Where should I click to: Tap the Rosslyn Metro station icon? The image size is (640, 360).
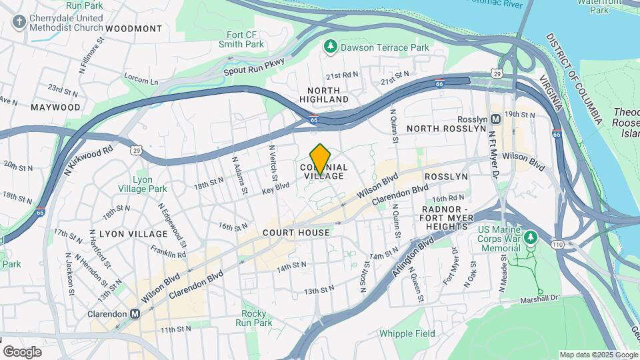(495, 119)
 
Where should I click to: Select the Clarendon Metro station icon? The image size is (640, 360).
(135, 313)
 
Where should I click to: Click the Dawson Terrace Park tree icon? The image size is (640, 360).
(329, 47)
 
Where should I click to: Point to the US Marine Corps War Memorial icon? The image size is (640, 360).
(531, 237)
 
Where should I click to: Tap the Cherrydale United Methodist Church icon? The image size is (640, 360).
(19, 22)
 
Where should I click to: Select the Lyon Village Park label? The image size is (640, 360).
(149, 184)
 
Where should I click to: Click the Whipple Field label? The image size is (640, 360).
(407, 333)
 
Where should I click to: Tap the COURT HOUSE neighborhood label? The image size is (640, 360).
(296, 233)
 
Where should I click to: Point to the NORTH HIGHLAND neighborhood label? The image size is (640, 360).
(327, 95)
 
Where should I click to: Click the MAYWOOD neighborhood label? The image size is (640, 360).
(55, 107)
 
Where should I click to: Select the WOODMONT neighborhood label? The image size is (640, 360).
(133, 29)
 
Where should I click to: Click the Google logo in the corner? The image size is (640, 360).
(22, 351)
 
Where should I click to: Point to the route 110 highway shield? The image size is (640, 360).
(557, 245)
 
